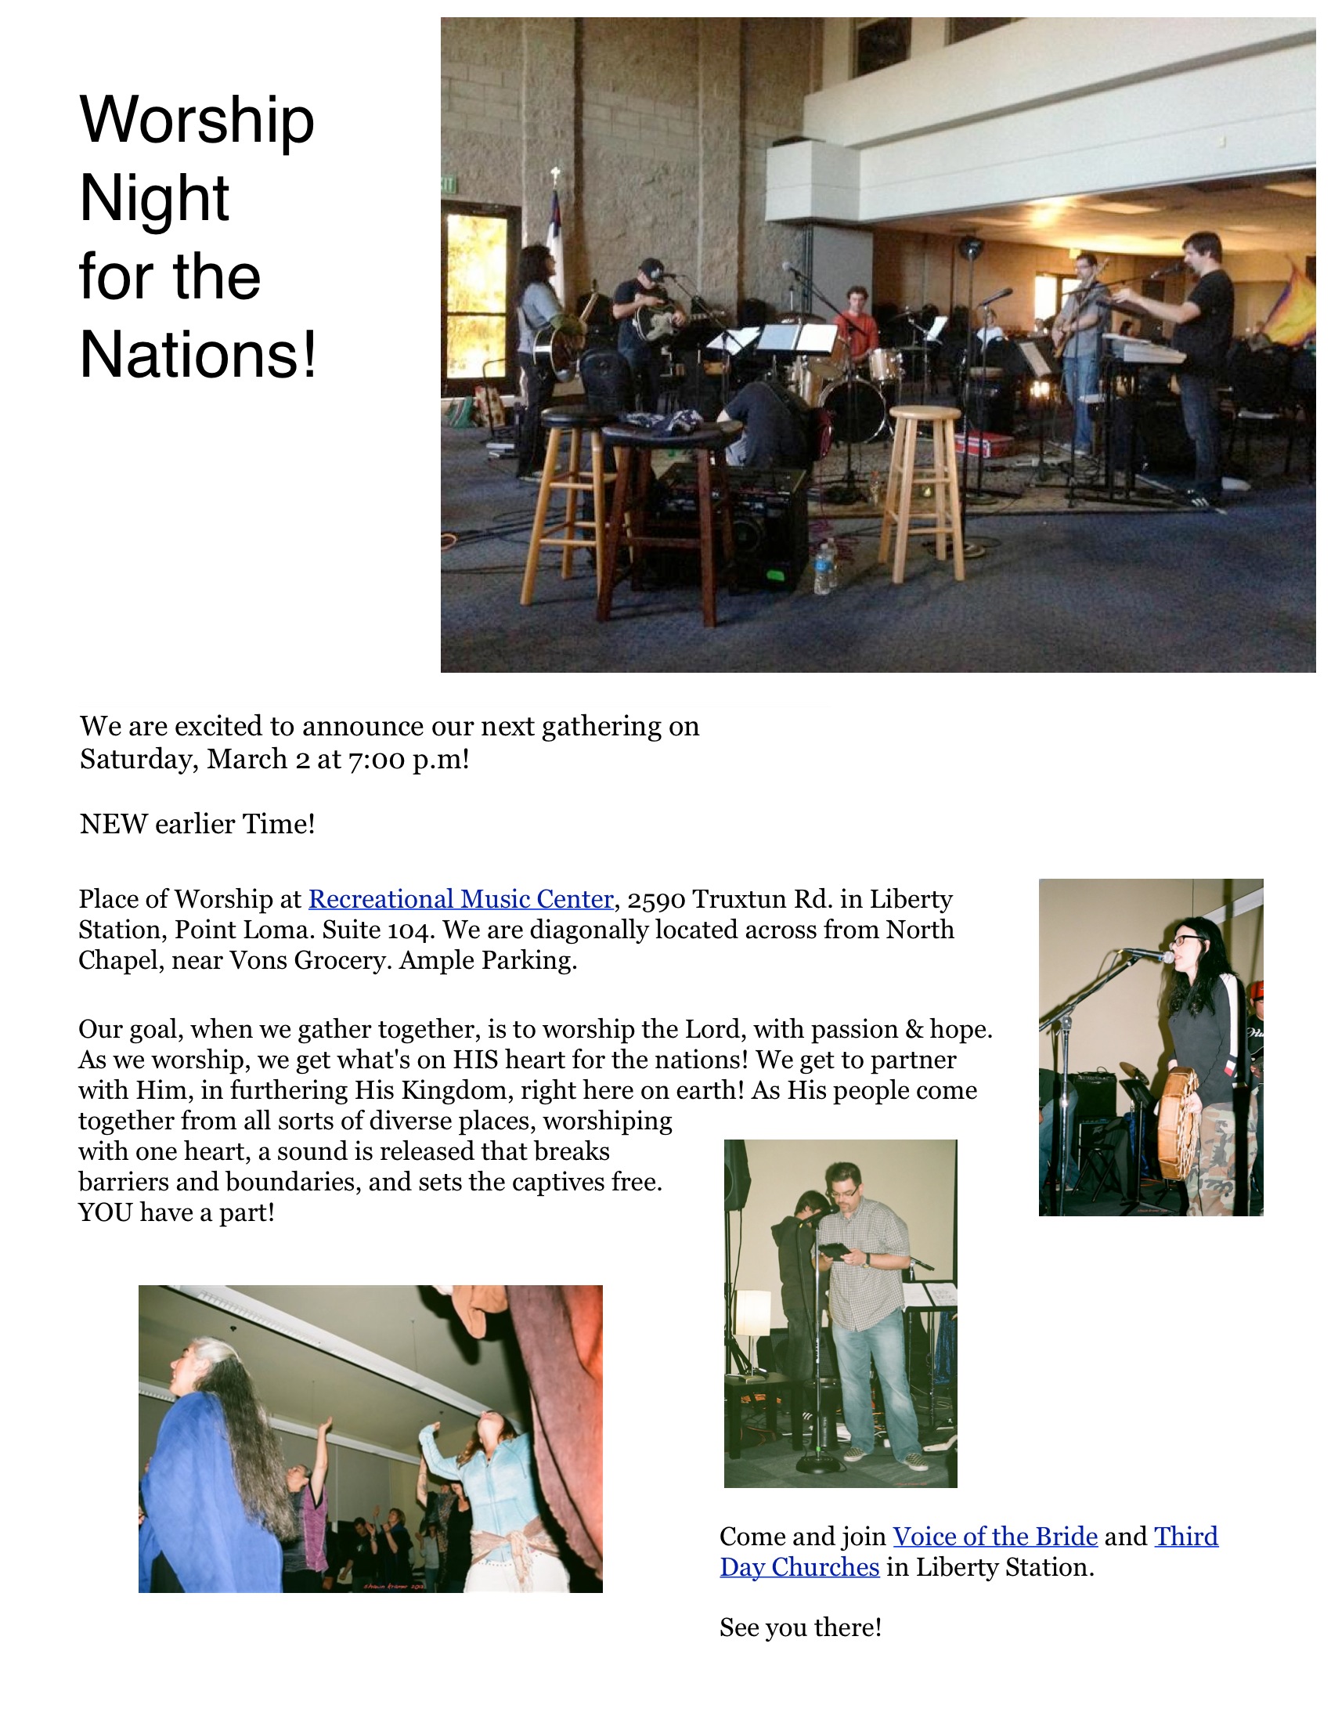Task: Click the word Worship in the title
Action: tap(197, 121)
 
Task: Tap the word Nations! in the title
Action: tap(198, 354)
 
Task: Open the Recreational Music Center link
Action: tap(460, 898)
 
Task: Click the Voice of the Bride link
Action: tap(995, 1536)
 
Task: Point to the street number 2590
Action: tap(656, 899)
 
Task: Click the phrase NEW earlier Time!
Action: tap(197, 824)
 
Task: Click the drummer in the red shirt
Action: tap(857, 328)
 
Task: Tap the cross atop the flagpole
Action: tap(556, 175)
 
